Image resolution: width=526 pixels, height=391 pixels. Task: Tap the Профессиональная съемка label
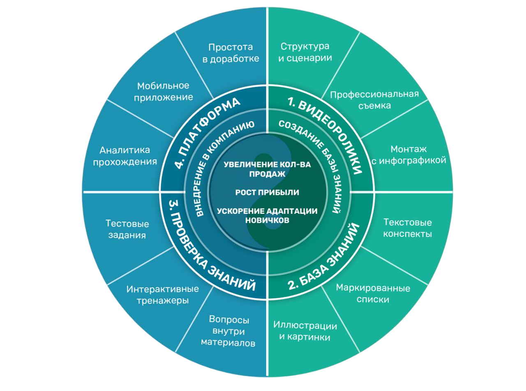374,99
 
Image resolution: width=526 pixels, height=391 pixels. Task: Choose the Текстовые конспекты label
407,228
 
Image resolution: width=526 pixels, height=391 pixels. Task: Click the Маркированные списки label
373,294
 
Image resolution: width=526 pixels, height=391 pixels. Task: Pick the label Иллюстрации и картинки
305,332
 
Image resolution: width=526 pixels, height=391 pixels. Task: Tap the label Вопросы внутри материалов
228,331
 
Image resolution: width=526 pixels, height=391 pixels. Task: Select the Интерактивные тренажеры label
162,294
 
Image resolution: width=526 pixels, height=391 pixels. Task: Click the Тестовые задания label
127,229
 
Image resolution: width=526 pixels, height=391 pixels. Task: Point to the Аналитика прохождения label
125,155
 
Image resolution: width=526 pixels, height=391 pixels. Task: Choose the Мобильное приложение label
163,91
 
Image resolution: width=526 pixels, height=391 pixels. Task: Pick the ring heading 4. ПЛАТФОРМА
206,132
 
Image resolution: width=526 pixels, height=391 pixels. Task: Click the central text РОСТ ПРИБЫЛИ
267,192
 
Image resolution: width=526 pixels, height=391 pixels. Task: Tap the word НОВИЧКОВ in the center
267,220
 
